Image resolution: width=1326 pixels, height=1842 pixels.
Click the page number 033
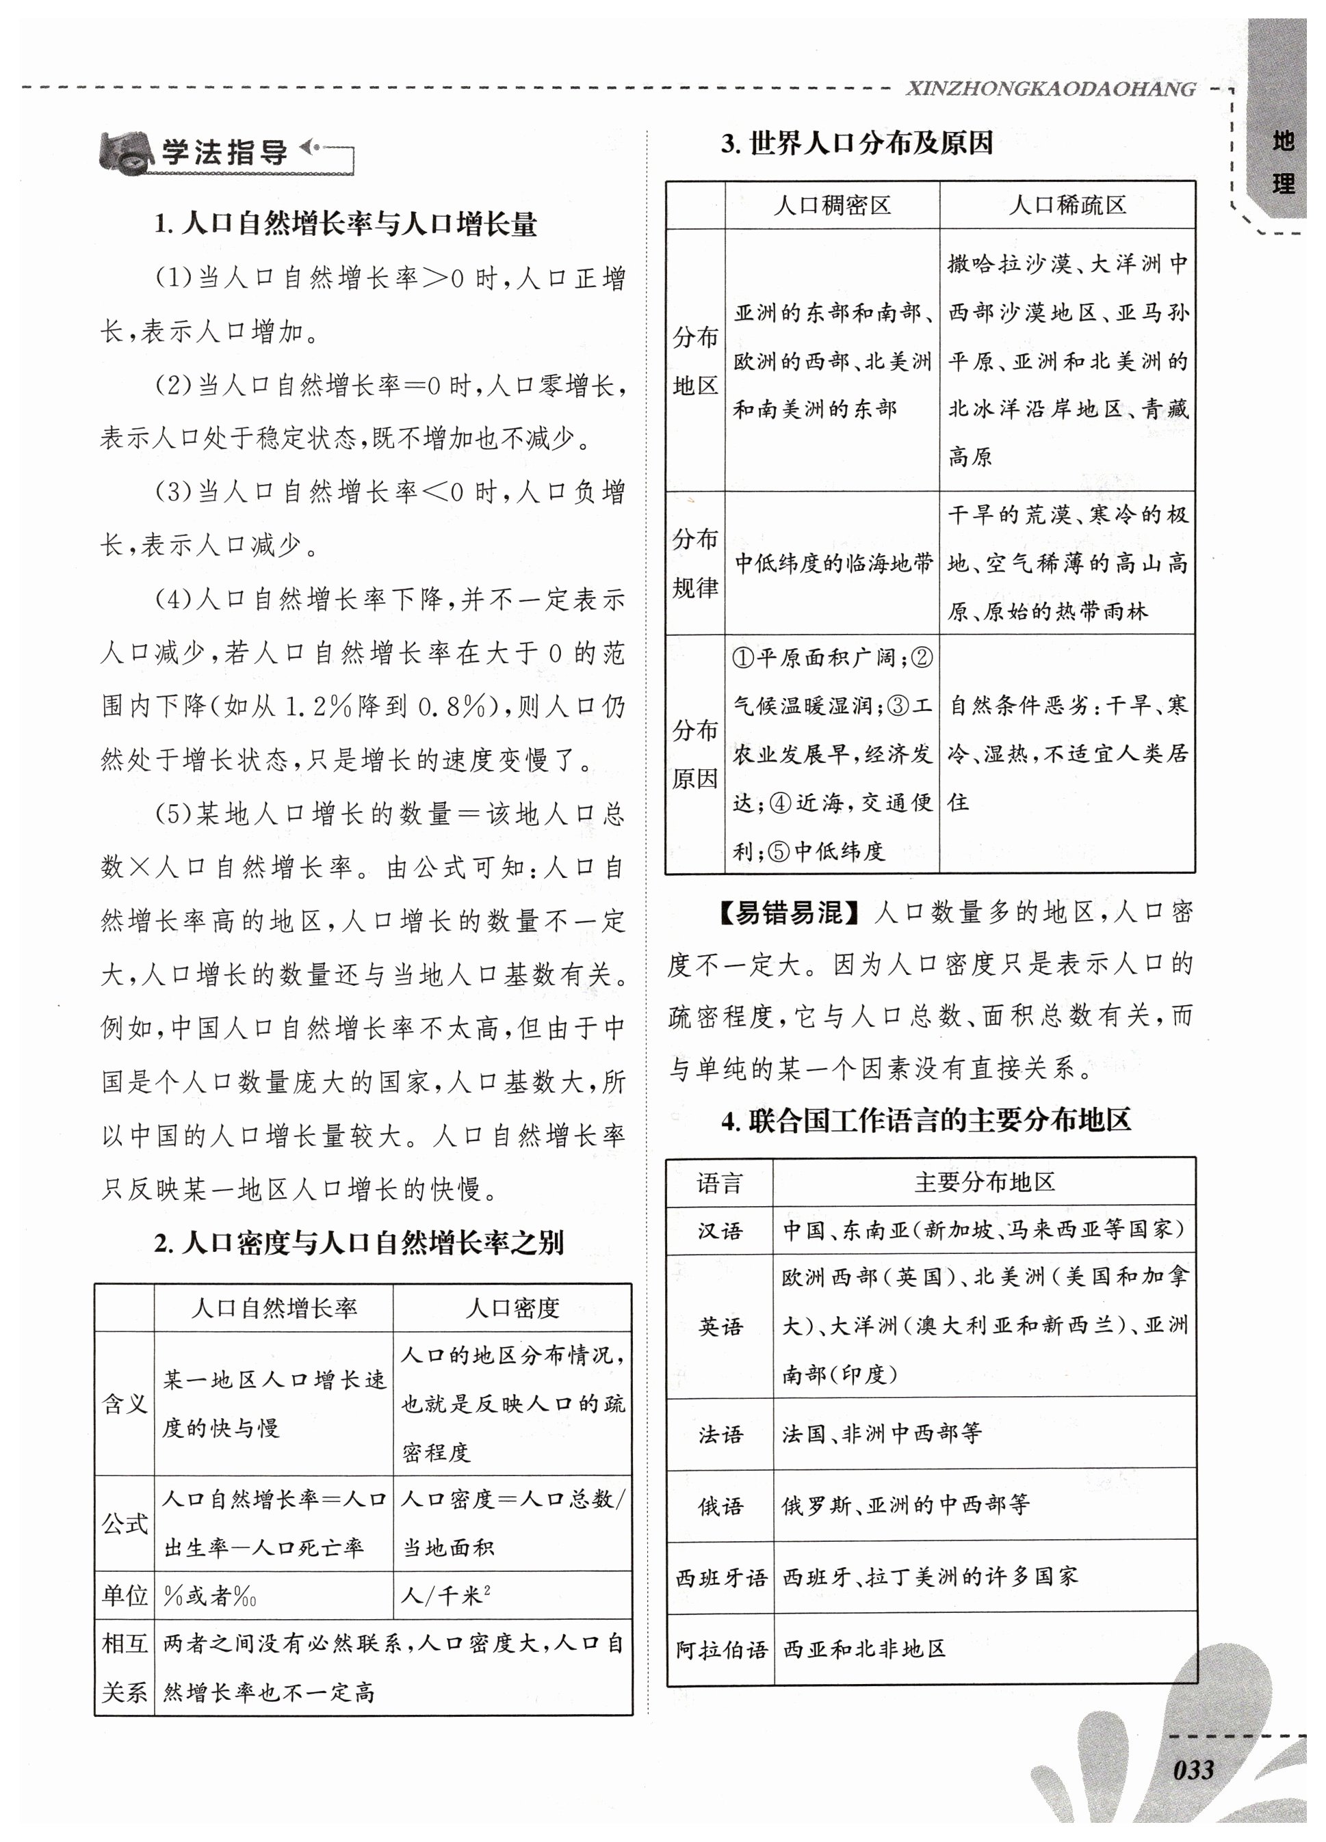[x=1193, y=1768]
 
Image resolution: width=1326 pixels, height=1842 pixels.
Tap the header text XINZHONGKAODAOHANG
[x=1050, y=90]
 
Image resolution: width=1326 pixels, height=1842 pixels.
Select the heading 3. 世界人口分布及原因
[x=857, y=144]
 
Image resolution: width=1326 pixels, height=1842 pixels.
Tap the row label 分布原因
[x=694, y=753]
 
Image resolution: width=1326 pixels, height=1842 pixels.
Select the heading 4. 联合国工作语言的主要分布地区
[x=926, y=1121]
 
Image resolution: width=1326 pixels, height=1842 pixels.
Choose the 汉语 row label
[x=720, y=1231]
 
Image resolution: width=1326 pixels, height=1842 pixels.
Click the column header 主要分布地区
[x=984, y=1182]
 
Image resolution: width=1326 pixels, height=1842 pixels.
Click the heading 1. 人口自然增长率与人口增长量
[x=346, y=224]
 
